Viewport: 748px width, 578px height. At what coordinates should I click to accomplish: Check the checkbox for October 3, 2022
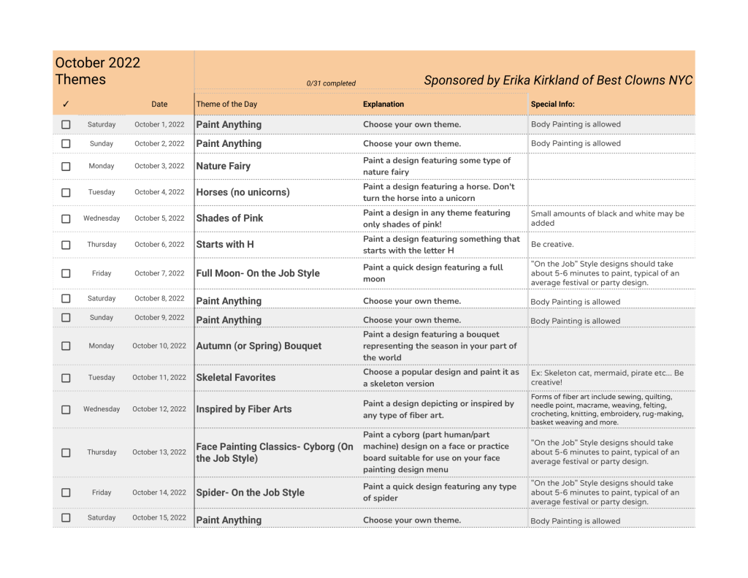(66, 167)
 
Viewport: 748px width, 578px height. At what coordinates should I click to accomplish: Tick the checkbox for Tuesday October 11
(66, 378)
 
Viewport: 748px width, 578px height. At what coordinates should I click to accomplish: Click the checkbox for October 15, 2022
(66, 517)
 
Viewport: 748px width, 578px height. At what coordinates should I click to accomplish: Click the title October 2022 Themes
(97, 71)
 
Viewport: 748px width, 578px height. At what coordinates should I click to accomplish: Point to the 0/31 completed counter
(331, 83)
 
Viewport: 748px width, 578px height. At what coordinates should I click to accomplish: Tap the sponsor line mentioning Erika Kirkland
(558, 80)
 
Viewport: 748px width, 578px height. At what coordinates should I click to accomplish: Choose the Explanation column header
(383, 104)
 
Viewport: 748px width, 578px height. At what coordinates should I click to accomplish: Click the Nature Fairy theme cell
(224, 167)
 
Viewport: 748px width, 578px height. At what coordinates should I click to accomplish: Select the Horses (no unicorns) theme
(243, 193)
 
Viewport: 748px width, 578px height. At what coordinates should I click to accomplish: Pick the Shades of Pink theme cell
(230, 218)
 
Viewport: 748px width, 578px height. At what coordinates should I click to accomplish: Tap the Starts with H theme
(225, 245)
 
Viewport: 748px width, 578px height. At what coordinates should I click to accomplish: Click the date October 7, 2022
(159, 273)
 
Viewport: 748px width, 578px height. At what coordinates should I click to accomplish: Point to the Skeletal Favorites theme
(236, 378)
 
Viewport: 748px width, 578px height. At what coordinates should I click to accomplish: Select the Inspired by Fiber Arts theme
(244, 409)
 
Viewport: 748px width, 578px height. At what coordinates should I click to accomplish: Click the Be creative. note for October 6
(552, 245)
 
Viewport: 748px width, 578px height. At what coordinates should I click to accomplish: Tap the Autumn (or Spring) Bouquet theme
(259, 346)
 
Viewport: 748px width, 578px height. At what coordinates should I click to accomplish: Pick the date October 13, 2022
(159, 452)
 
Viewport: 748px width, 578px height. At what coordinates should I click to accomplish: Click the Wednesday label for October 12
(102, 409)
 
